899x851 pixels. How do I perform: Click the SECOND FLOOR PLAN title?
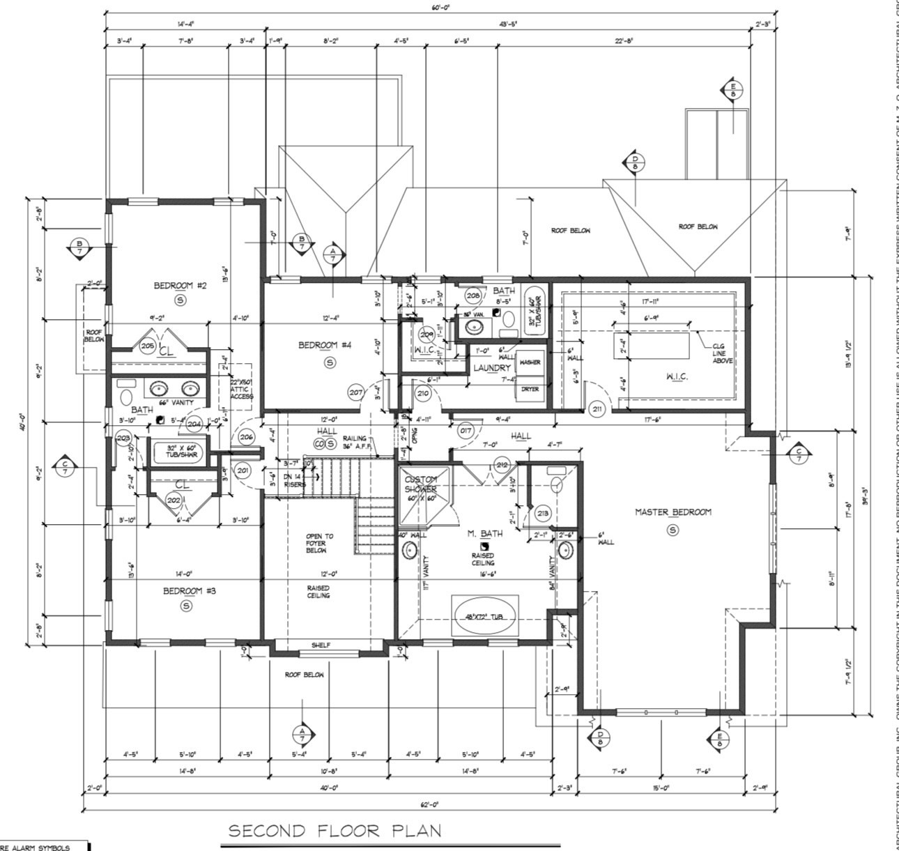click(335, 831)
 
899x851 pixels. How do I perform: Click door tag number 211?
click(597, 408)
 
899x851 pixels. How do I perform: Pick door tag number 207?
click(356, 392)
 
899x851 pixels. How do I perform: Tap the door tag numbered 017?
click(466, 431)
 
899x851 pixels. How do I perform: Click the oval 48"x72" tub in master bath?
click(485, 617)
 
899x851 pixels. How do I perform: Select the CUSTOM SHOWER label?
click(420, 484)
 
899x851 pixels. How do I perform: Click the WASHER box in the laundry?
click(530, 363)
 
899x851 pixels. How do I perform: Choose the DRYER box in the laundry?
click(530, 389)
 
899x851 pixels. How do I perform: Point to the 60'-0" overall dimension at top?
click(440, 8)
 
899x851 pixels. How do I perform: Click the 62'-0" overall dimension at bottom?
click(430, 804)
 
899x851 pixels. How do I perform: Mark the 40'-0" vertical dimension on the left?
click(23, 421)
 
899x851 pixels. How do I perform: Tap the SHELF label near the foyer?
click(321, 645)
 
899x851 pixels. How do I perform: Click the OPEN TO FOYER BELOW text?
click(319, 543)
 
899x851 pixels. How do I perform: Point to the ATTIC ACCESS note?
click(242, 388)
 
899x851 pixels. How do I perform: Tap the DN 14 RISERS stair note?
click(293, 480)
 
